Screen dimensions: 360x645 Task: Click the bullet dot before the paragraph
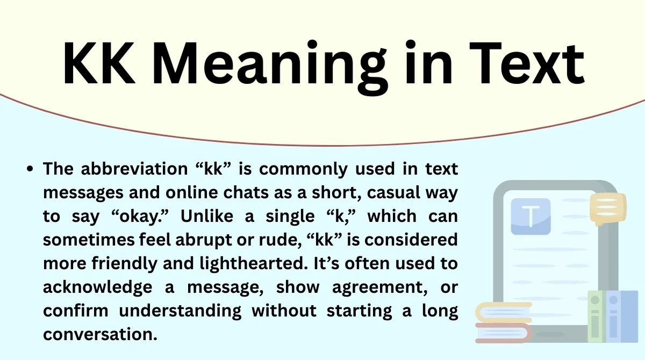click(x=31, y=169)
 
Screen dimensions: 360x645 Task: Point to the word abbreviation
click(x=140, y=169)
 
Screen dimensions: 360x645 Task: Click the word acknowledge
click(x=97, y=287)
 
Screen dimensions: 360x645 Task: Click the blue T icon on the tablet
click(x=531, y=216)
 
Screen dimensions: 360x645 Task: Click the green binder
click(x=596, y=316)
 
